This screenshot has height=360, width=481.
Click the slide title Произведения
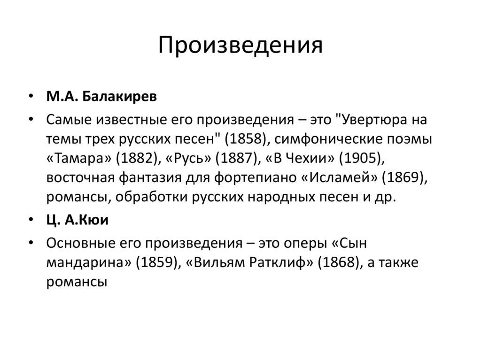(240, 46)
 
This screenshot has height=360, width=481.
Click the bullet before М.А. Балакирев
(31, 97)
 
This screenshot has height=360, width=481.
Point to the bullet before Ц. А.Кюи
(31, 221)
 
